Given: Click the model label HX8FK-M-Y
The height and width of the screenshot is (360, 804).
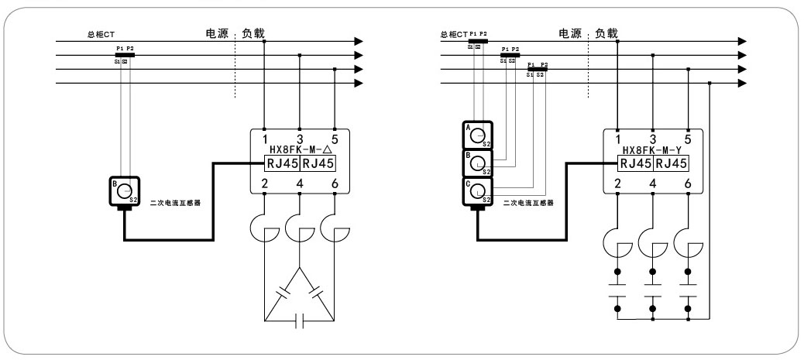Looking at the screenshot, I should [651, 149].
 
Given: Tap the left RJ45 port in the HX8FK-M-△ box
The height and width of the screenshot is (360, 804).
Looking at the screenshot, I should [281, 163].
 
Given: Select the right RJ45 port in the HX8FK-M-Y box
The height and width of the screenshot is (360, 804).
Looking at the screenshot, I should [671, 163].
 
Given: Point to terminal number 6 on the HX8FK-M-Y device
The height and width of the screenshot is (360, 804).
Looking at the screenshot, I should [688, 183].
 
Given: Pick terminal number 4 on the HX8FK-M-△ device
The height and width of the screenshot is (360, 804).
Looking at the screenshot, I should [299, 183].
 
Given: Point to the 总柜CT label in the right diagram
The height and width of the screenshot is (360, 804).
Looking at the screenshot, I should [455, 35].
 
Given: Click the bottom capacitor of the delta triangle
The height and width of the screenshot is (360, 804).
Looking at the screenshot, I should [299, 321].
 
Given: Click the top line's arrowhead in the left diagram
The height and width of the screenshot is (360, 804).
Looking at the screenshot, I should [358, 41].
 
